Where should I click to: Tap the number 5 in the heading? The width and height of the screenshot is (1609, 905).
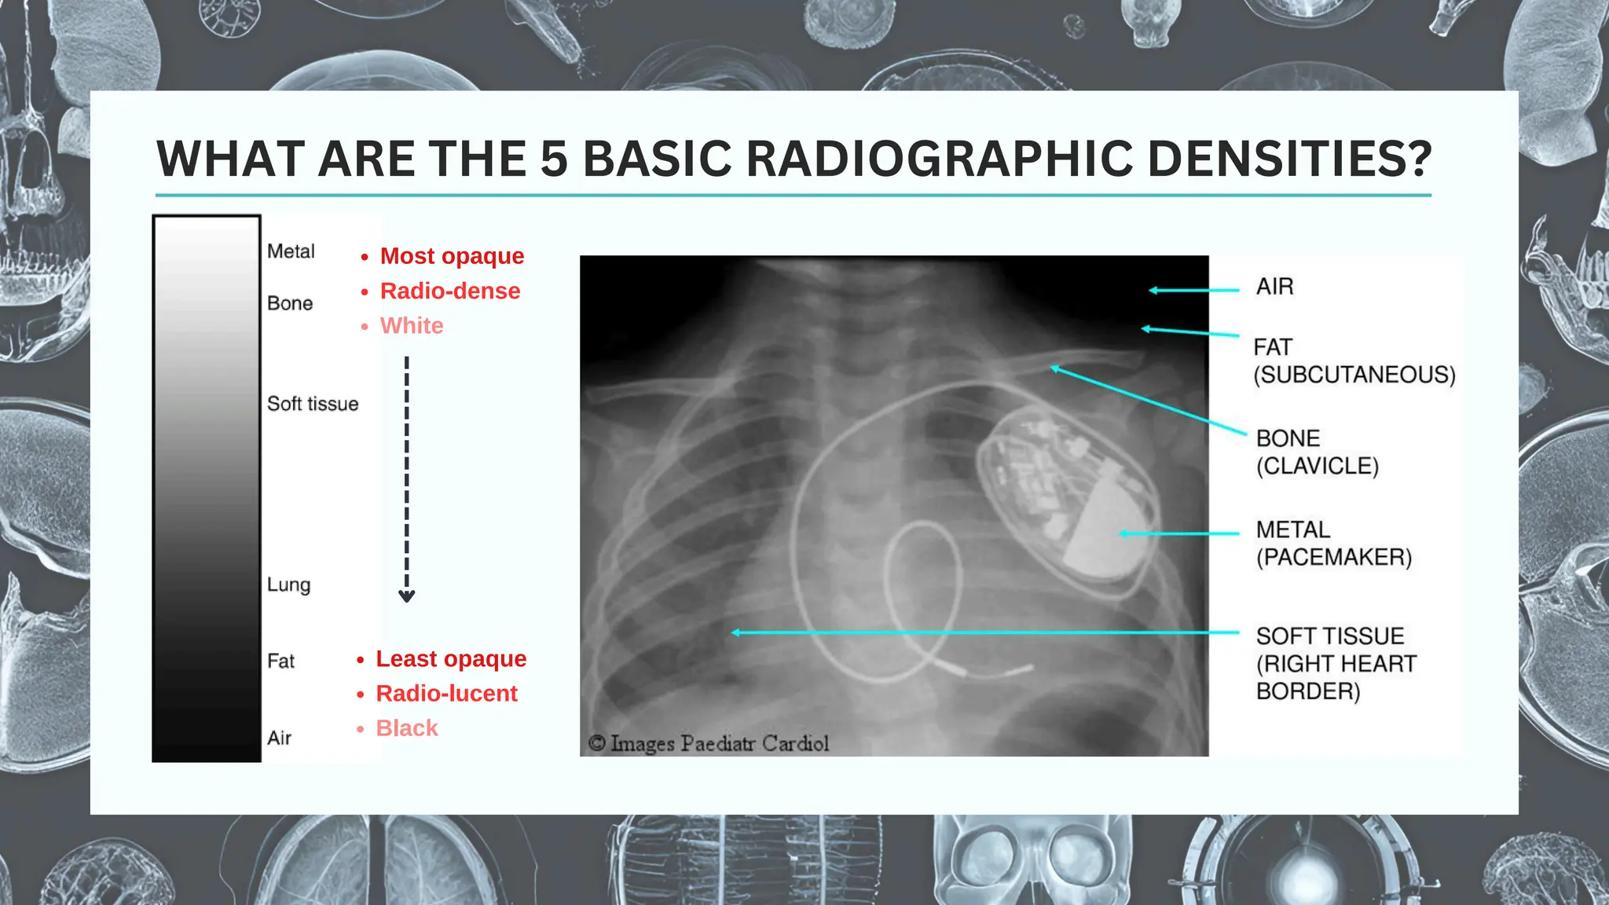pos(554,159)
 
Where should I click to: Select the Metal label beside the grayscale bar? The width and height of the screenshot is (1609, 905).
pos(291,251)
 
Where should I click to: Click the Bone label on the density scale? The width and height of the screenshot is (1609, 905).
pos(290,303)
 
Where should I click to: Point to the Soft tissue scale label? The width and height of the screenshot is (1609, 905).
pos(313,404)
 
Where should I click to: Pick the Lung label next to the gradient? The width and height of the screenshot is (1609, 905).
pos(288,584)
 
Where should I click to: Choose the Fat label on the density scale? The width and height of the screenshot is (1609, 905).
pos(280,661)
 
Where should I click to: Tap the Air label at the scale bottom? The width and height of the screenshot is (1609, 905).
pos(279,738)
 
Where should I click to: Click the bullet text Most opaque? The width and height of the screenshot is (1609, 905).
pos(452,256)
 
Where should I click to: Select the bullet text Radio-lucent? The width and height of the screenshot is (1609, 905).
pos(446,694)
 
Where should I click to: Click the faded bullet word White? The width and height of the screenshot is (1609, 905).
pos(412,326)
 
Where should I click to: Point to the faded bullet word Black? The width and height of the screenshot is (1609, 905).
pos(407,728)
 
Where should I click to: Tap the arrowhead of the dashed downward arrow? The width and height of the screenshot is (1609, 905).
pos(406,595)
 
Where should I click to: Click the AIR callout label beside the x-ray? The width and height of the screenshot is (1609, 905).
pos(1274,287)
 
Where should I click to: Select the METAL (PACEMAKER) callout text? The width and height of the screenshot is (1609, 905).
pos(1333,544)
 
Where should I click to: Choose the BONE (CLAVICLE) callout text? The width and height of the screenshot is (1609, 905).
pos(1317,452)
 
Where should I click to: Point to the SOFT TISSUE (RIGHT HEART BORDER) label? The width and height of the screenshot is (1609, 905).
pos(1336,663)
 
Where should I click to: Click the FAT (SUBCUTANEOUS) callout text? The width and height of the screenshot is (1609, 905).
pos(1354,361)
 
